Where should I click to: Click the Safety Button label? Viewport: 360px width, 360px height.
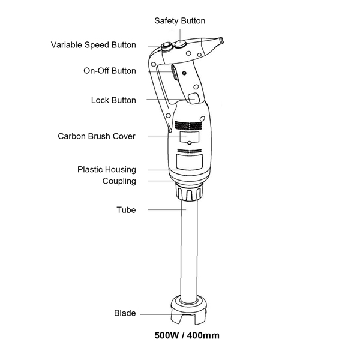pos(180,21)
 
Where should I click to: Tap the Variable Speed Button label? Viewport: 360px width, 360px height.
pos(94,45)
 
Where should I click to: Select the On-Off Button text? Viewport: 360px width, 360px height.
pos(110,71)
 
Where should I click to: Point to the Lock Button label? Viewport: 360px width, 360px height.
pos(113,100)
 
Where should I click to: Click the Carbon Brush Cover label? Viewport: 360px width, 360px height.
pos(97,136)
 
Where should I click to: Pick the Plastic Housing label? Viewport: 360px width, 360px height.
pos(107,169)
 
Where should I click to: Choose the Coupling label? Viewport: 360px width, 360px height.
pos(119,181)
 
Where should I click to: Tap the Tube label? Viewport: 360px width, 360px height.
pos(126,210)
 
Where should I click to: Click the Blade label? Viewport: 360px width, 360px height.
pos(125,313)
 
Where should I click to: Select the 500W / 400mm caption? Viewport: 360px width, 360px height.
pos(187,335)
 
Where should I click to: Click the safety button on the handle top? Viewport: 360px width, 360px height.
pos(180,44)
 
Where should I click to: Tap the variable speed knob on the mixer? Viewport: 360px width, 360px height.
pos(167,47)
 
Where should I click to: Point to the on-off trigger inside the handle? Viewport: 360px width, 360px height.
pos(174,73)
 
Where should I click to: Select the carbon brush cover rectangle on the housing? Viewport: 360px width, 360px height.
pos(190,137)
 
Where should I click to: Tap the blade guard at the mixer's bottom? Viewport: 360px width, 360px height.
pos(188,310)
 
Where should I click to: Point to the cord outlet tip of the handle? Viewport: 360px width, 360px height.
pos(221,40)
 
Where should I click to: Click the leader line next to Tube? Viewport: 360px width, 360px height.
pos(167,209)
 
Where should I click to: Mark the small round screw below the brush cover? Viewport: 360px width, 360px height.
pos(189,143)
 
